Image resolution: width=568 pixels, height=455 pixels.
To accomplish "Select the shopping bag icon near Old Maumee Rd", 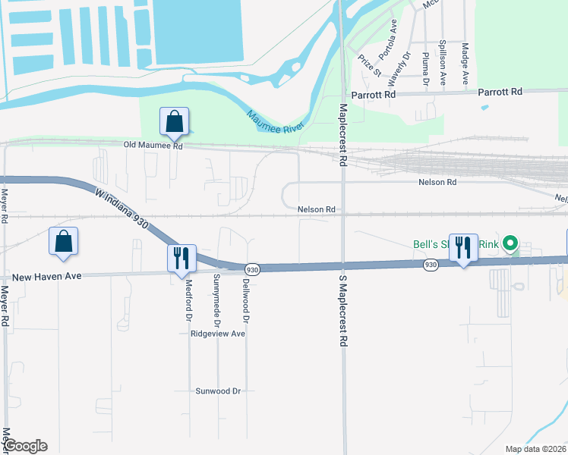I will coord(174,121).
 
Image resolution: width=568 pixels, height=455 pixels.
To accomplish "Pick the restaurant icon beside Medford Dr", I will coord(182,257).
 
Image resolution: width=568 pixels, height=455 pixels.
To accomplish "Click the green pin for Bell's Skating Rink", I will coord(510,244).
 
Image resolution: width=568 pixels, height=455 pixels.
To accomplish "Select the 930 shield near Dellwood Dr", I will coord(253,268).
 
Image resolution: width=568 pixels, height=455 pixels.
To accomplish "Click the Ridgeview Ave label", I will coord(218,334).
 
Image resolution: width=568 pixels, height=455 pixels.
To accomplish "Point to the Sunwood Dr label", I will coord(218,391).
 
